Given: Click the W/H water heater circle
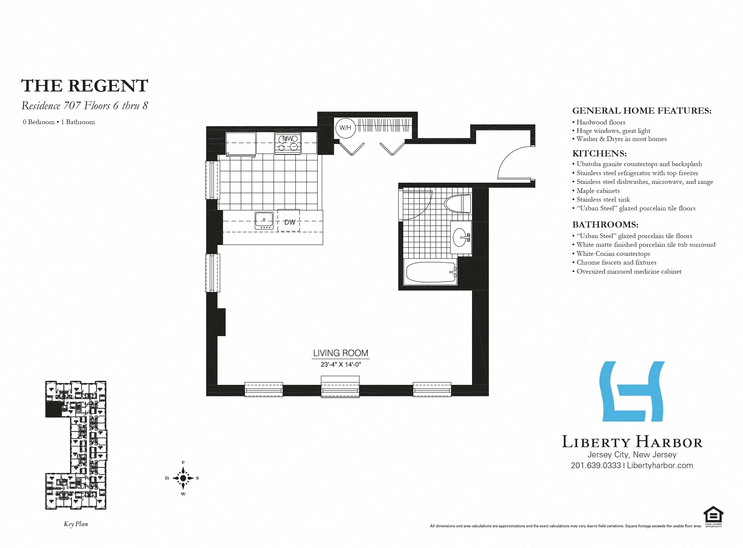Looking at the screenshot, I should [345, 128].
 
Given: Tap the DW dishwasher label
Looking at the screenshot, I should [290, 222].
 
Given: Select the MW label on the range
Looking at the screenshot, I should [288, 139].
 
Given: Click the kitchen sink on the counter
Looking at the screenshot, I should [264, 221].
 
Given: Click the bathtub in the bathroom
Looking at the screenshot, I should [430, 272].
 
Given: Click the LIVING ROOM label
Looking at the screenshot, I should [341, 353].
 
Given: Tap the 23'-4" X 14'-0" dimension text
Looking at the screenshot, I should [341, 364].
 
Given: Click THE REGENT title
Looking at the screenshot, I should [84, 86].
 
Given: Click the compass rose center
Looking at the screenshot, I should [183, 478].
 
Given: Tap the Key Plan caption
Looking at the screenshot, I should [76, 524].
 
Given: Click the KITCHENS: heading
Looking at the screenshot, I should [599, 154].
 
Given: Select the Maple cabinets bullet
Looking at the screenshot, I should [598, 191].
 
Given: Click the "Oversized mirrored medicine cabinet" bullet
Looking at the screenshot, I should [629, 271].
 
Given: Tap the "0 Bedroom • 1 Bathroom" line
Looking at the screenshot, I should [59, 122].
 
